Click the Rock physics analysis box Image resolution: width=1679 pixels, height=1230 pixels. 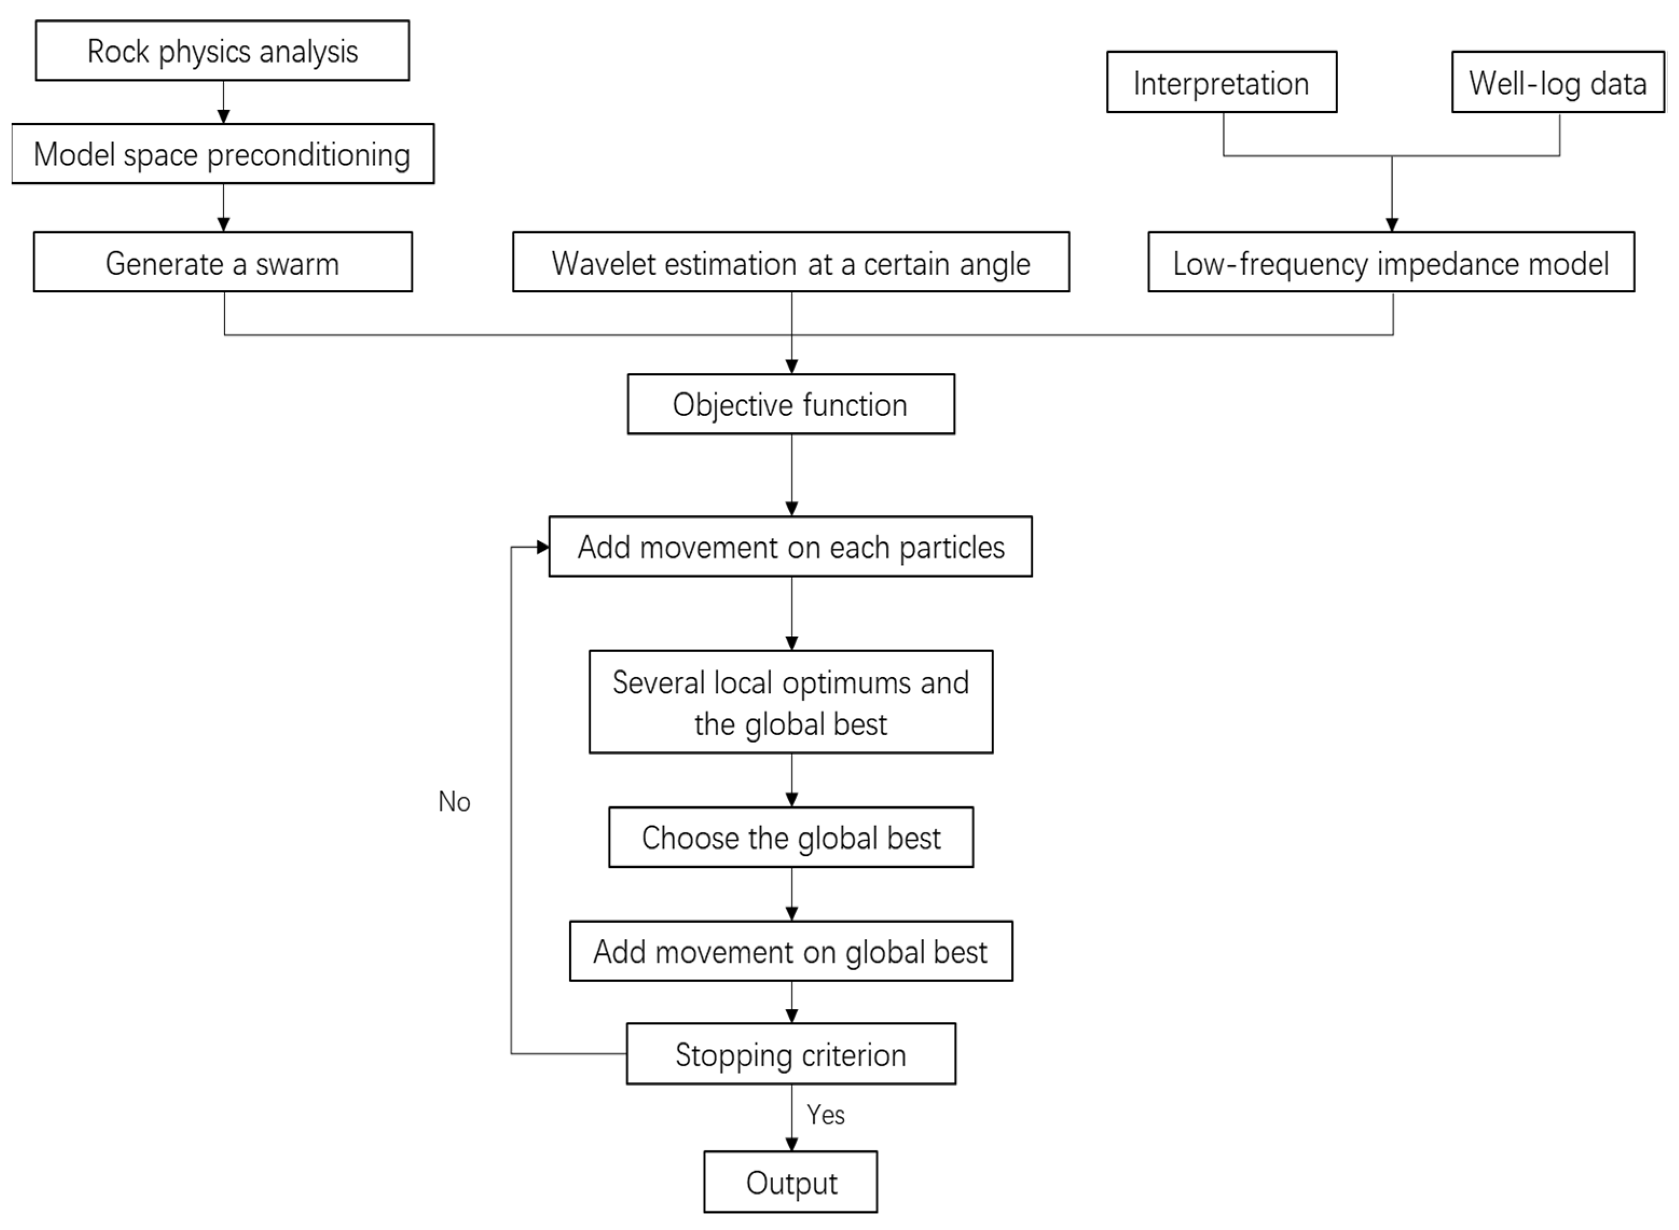(222, 51)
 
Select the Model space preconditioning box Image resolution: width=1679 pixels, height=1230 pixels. (222, 154)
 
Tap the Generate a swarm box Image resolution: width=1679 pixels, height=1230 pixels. (222, 262)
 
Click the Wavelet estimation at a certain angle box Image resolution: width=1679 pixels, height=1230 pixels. (790, 262)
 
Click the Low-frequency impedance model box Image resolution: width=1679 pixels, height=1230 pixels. (1390, 262)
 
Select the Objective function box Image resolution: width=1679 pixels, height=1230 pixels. (790, 404)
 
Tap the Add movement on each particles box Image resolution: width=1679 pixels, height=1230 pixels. (790, 547)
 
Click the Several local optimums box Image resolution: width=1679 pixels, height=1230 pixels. (790, 702)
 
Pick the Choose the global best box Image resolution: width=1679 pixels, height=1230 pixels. (790, 837)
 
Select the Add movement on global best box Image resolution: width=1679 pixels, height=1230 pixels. (790, 951)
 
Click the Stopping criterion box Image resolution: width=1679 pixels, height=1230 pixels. (790, 1054)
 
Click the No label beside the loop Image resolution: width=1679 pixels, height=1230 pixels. (453, 802)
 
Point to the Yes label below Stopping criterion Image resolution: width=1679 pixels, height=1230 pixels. (825, 1115)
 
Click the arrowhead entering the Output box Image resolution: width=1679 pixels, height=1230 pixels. (791, 1144)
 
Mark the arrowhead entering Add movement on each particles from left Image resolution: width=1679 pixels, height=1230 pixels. (542, 547)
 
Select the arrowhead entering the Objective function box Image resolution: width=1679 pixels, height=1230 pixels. (791, 367)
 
